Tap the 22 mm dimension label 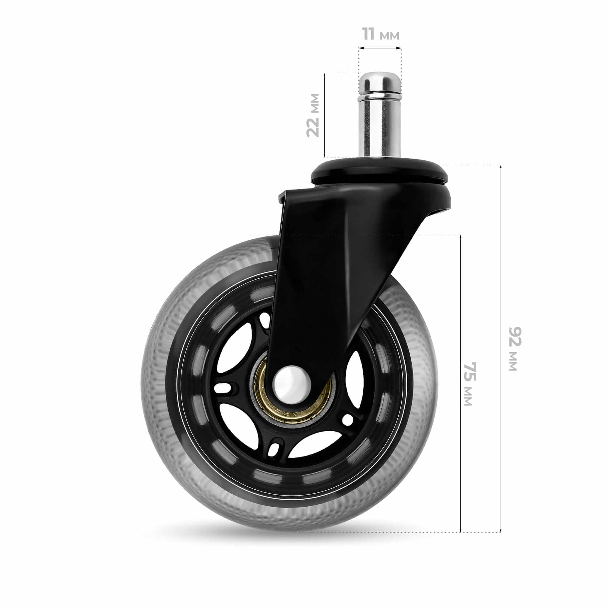coord(313,115)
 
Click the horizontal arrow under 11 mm coord(380,48)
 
